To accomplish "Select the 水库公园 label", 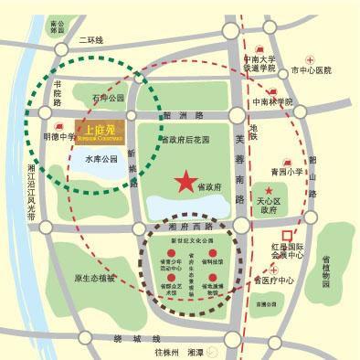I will pos(100,159).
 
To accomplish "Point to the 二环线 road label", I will pos(91,40).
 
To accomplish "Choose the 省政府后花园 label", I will pos(185,140).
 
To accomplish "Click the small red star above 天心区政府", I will pos(270,189).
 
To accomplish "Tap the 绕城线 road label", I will pos(121,337).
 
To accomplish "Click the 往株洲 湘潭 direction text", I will pos(180,351).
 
